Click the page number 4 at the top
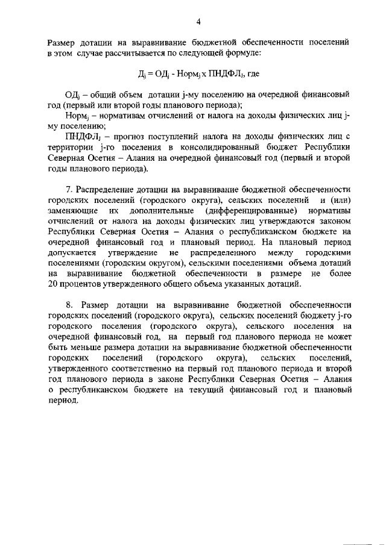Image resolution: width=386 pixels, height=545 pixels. (198, 22)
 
